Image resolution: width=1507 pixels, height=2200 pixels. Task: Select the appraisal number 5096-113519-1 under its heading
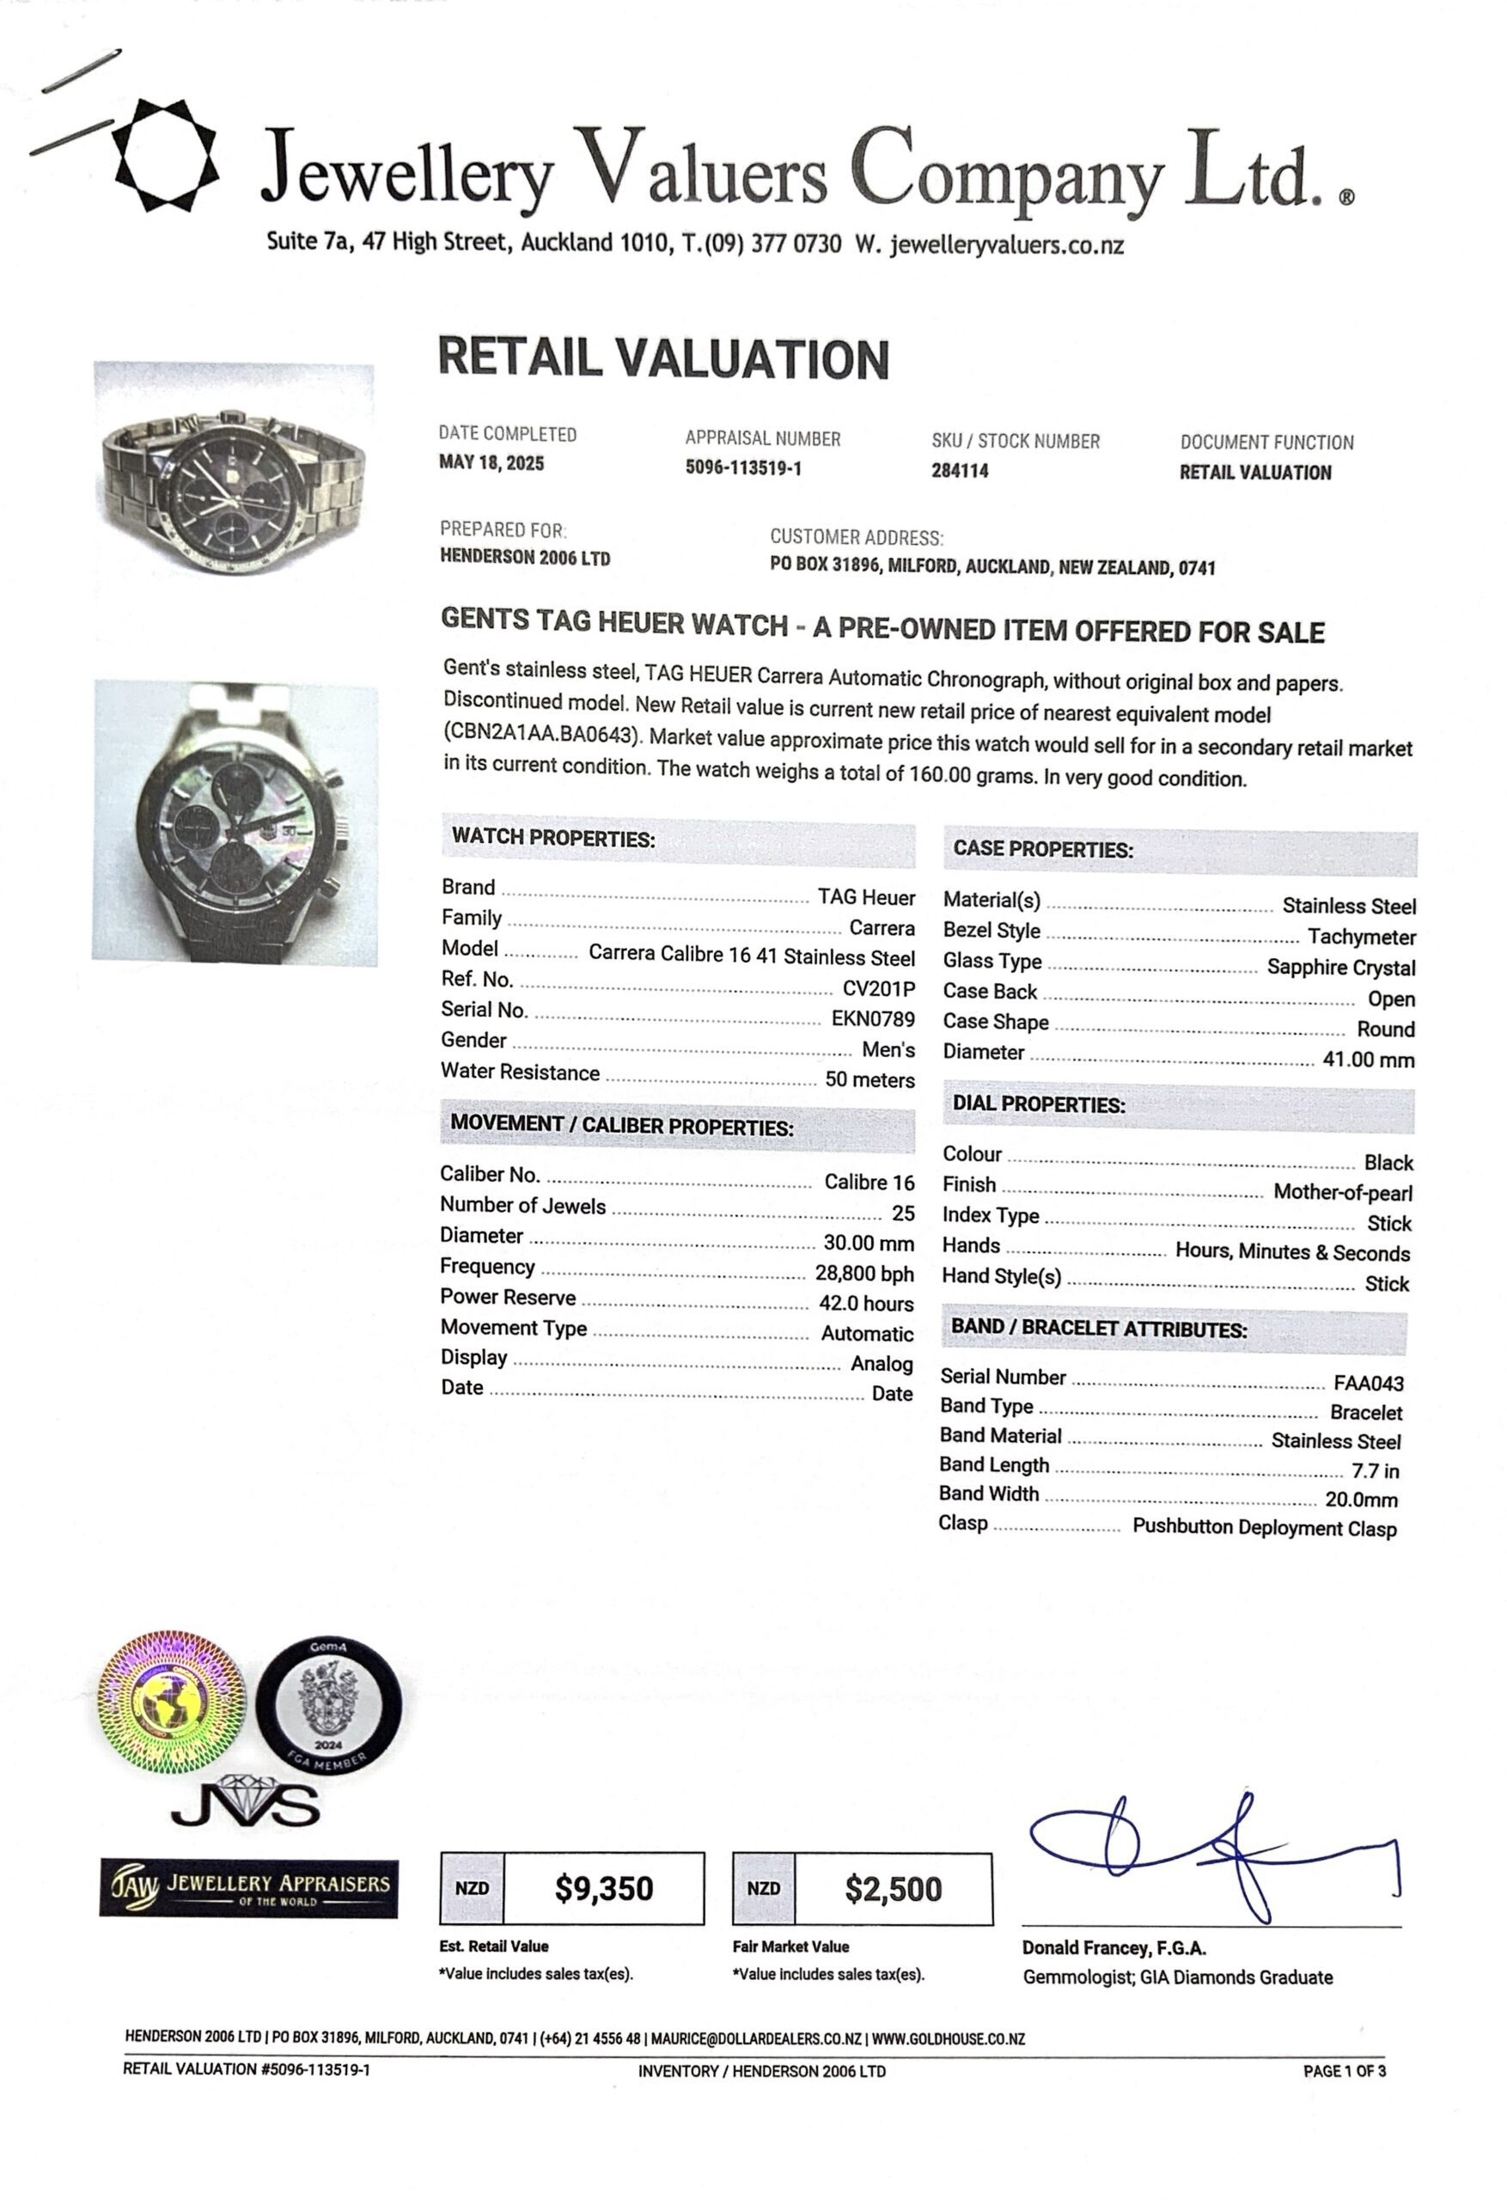[743, 467]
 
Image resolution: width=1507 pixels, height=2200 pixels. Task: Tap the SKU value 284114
[959, 470]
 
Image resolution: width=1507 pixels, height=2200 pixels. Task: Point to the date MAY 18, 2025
[491, 463]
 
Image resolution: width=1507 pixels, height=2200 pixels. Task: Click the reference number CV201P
[878, 988]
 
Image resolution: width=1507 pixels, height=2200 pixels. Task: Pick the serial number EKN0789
[873, 1018]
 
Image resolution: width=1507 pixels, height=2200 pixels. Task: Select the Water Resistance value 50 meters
[869, 1079]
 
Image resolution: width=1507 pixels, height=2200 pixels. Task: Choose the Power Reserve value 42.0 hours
[865, 1303]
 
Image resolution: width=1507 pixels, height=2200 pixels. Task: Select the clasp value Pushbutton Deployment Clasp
[1264, 1527]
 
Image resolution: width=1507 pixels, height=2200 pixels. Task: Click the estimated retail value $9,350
[603, 1889]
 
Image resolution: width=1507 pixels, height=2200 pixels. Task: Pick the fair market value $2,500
[893, 1890]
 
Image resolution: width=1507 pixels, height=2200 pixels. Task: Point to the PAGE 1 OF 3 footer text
[1343, 2070]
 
